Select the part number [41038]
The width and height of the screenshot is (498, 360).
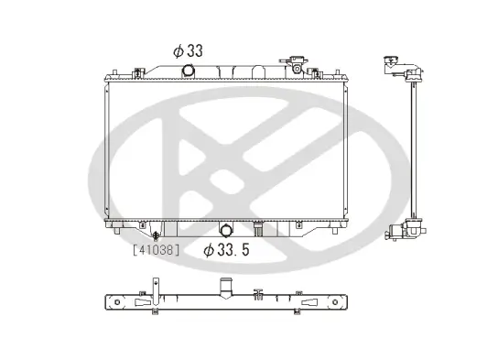pos(155,248)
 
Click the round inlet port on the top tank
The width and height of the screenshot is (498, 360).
pos(189,71)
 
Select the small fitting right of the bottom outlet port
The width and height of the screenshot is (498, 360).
pos(259,226)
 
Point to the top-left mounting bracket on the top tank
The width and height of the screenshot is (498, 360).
pos(136,71)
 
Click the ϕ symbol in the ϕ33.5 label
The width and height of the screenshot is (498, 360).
pos(209,249)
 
